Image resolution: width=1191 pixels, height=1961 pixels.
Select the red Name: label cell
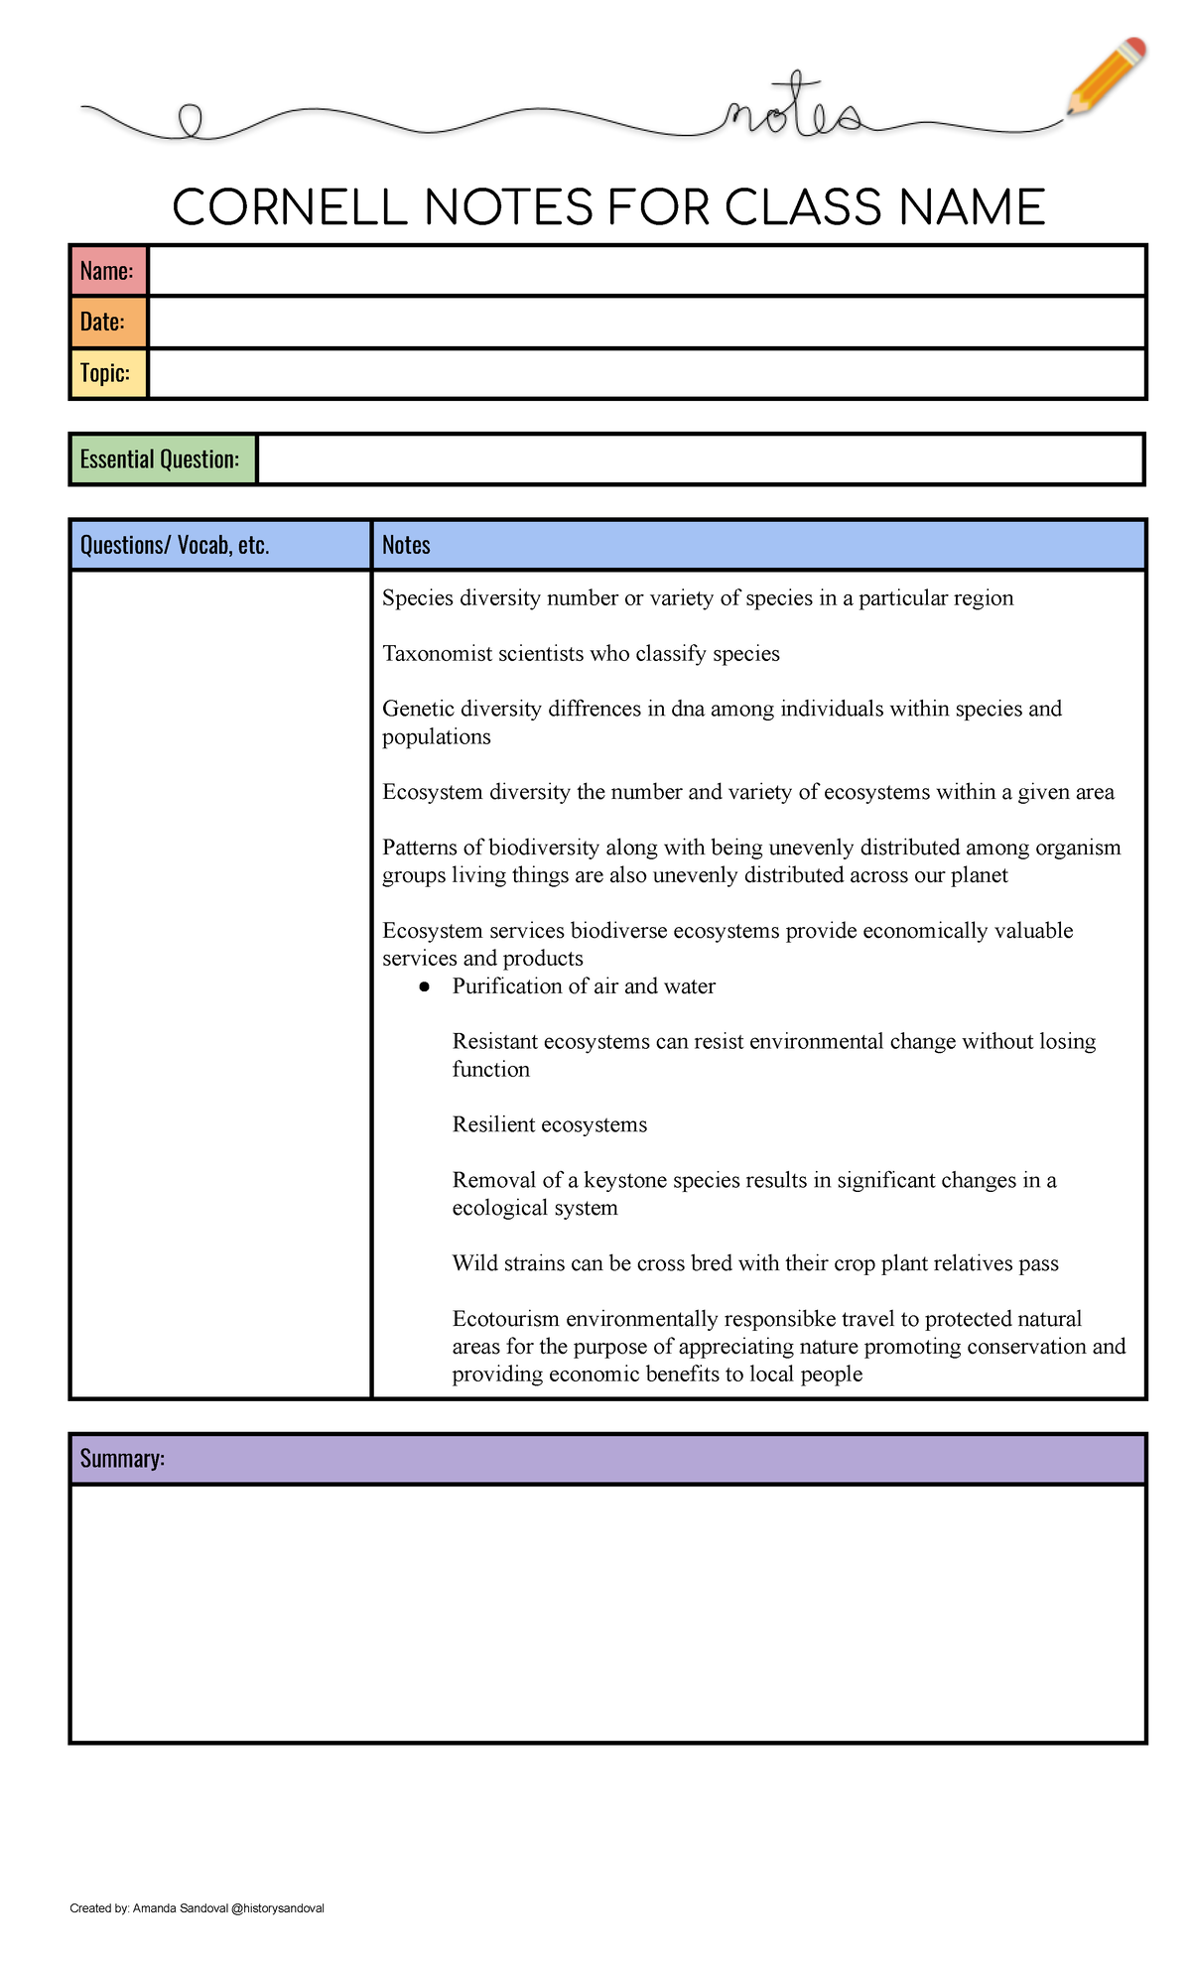pyautogui.click(x=108, y=271)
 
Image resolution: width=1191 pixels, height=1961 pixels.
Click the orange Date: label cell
pyautogui.click(x=108, y=323)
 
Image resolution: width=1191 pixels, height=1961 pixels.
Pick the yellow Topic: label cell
pyautogui.click(x=108, y=373)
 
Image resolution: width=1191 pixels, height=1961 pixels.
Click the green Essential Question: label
pyautogui.click(x=162, y=459)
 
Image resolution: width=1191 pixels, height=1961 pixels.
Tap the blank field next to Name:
pyautogui.click(x=646, y=271)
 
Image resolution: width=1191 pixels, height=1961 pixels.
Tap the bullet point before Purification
pyautogui.click(x=425, y=986)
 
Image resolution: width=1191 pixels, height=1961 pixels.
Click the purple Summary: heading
pyautogui.click(x=122, y=1459)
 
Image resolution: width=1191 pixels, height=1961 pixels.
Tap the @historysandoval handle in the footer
pyautogui.click(x=277, y=1908)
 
